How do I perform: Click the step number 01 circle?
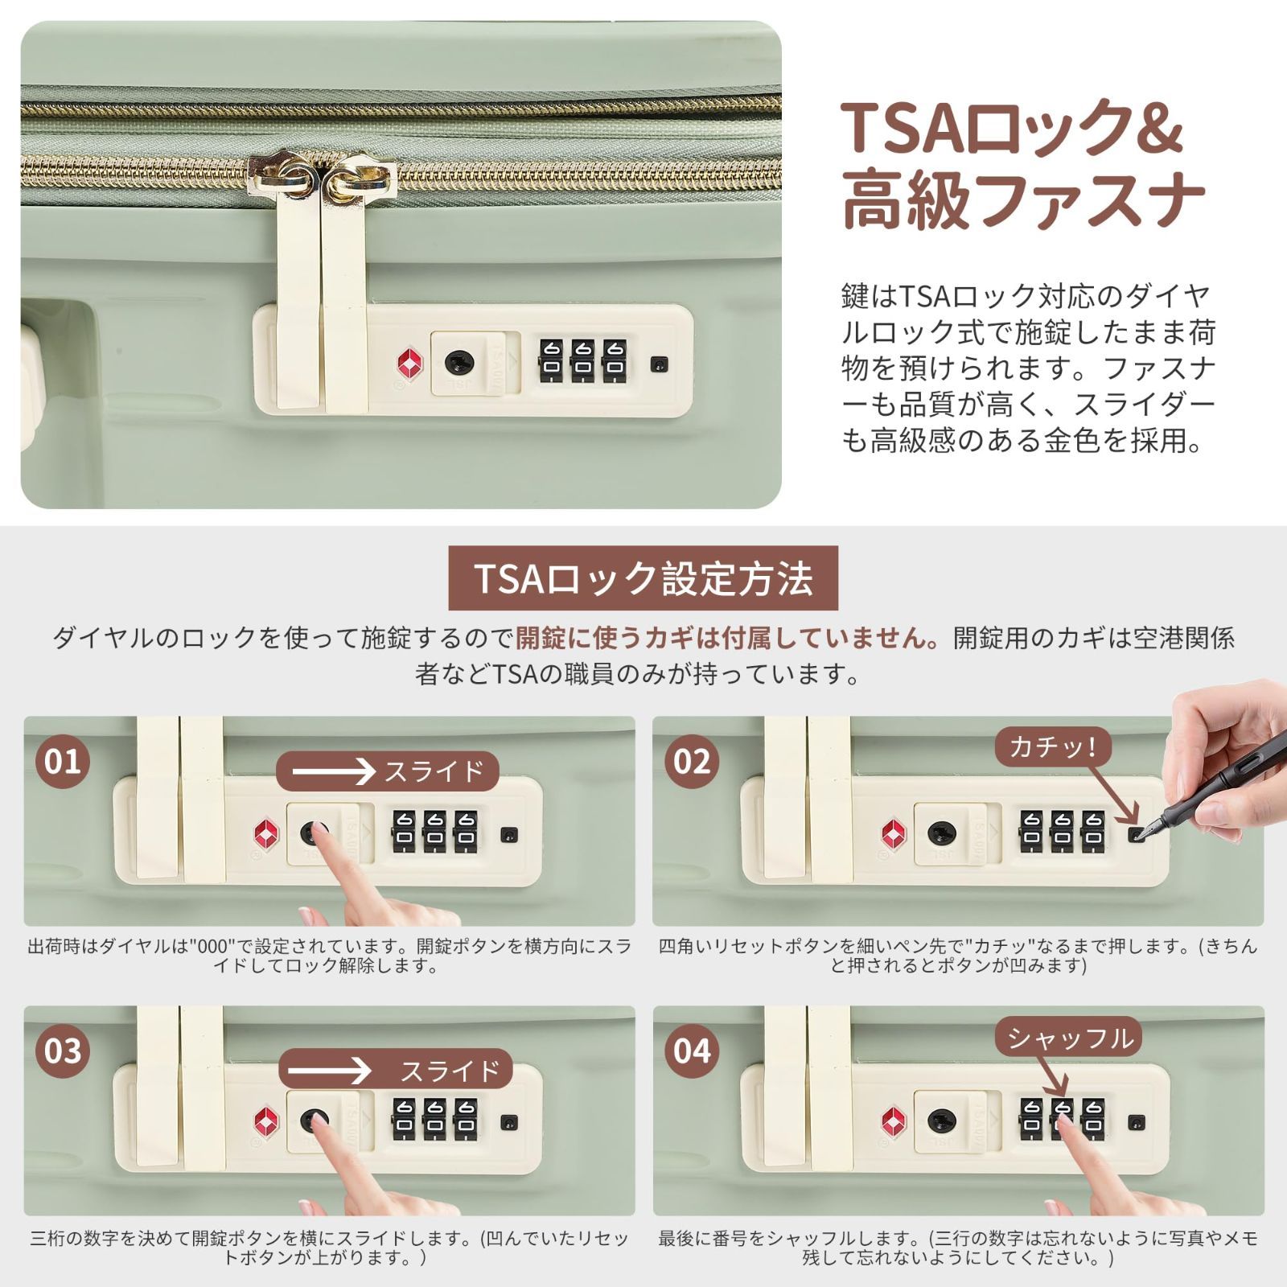[63, 761]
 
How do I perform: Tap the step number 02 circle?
[692, 761]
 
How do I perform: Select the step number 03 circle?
[63, 1051]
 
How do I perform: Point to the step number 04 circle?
[692, 1051]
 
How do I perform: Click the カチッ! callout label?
[1054, 747]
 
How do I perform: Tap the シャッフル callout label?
[1069, 1038]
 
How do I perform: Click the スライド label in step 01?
[388, 771]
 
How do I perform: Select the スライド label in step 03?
[396, 1071]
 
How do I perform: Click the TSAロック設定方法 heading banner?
[643, 578]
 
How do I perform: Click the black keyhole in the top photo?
[459, 363]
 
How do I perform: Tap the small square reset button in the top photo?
[660, 364]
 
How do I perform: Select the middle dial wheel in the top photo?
[584, 361]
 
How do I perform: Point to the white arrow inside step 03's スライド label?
[330, 1071]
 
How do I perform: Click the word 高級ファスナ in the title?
[1022, 201]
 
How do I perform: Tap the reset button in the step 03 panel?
[508, 1122]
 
